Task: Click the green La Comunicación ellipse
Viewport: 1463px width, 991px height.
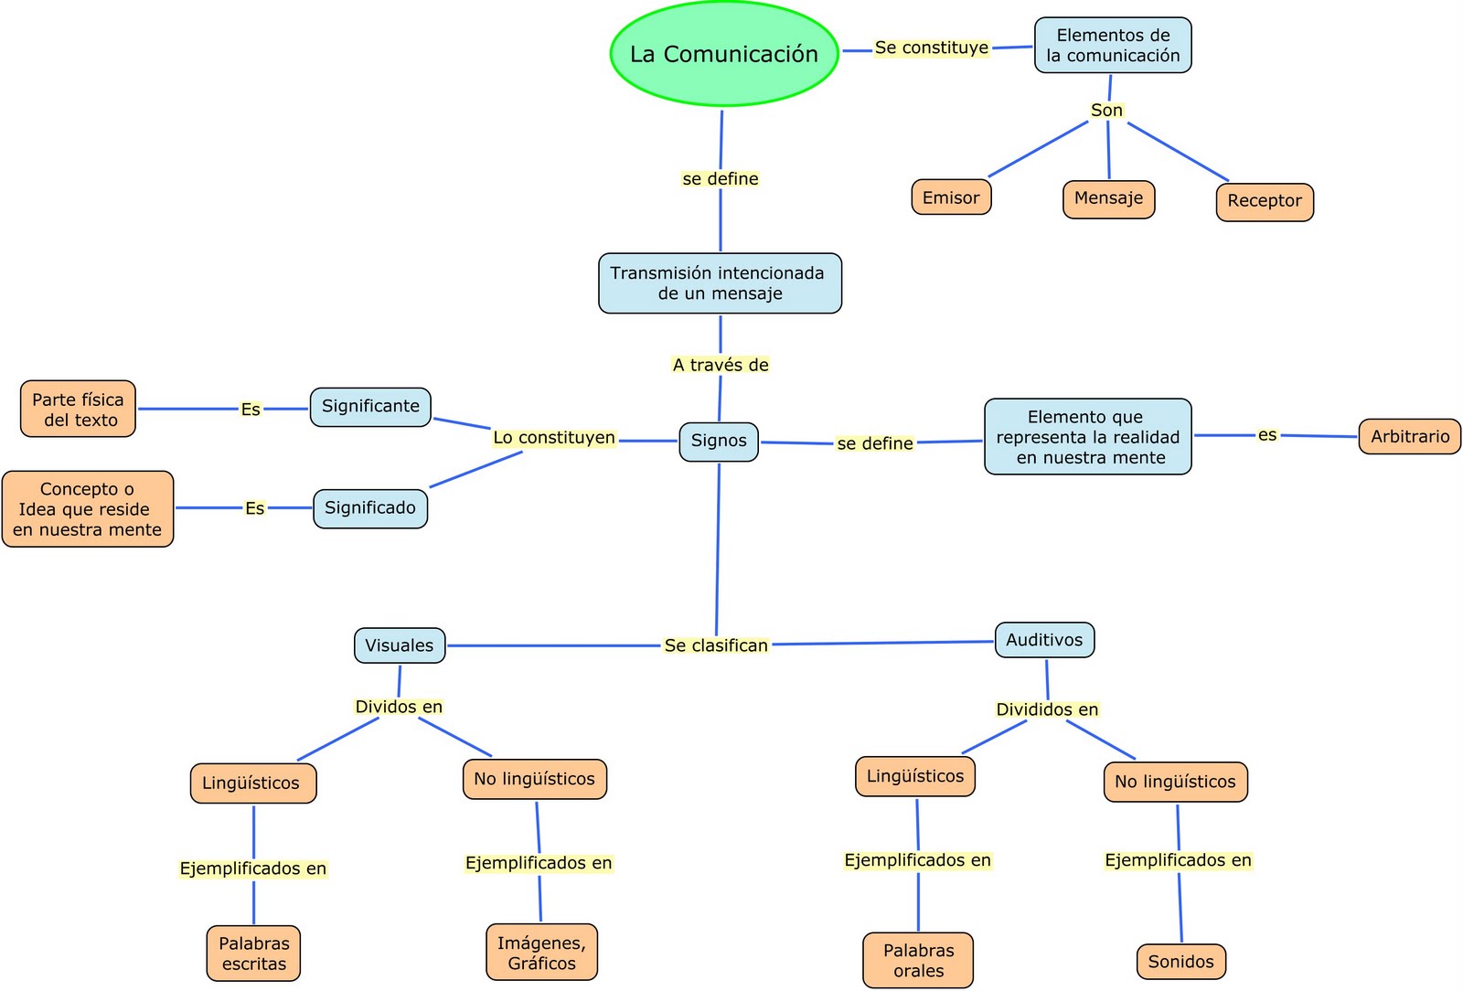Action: tap(723, 54)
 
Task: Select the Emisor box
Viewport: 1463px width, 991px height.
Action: tap(951, 197)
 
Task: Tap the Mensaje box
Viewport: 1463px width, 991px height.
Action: tap(1108, 198)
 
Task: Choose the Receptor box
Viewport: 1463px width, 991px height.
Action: tap(1265, 201)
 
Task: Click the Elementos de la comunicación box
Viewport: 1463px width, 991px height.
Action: tap(1113, 45)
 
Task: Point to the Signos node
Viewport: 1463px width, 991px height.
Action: tap(719, 441)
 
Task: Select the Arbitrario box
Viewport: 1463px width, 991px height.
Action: tap(1409, 436)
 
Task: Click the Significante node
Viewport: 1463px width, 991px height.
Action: tap(370, 406)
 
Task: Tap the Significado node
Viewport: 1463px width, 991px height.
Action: tap(370, 507)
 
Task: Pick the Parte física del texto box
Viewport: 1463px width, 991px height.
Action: tap(78, 409)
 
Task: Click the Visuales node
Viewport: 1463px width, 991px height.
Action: tap(400, 645)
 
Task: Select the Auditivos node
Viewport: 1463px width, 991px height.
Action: tap(1044, 640)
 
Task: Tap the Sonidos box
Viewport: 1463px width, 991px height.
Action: tap(1180, 961)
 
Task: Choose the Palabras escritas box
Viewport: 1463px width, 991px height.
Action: tap(254, 953)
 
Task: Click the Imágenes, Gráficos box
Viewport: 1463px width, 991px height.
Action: tap(541, 952)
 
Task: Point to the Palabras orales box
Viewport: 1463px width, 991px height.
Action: tap(918, 960)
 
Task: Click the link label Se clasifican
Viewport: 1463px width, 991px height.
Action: tap(716, 645)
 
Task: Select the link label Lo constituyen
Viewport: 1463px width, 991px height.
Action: tap(554, 438)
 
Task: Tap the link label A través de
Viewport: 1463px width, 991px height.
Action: tap(721, 365)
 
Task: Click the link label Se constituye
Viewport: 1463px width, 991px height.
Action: tap(931, 48)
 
